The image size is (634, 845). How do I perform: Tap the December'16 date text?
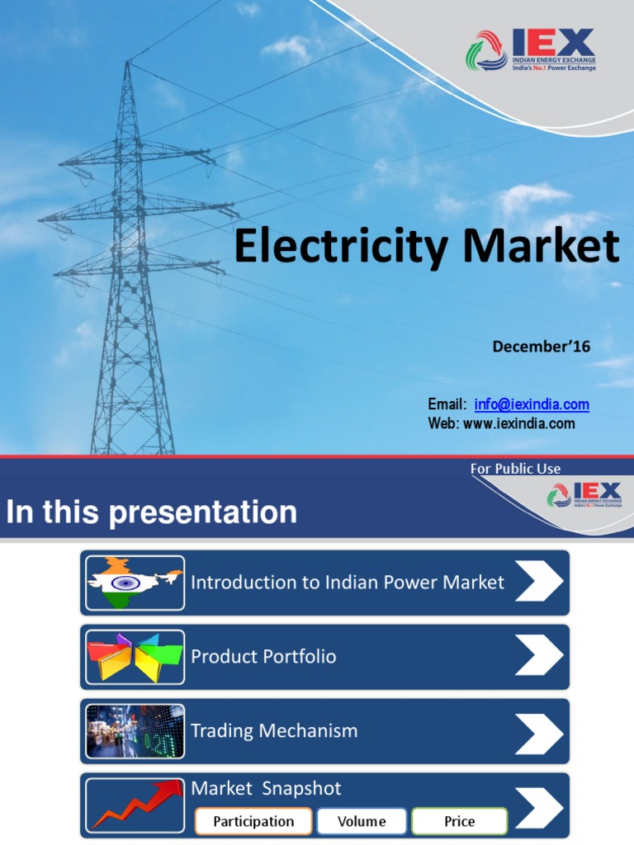click(542, 347)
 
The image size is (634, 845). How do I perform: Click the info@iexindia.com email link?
click(532, 404)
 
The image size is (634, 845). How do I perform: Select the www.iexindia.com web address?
click(518, 423)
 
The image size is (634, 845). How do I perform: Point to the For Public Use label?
click(515, 469)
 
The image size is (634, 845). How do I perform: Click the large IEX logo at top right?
click(530, 50)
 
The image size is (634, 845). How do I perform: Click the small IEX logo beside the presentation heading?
click(584, 495)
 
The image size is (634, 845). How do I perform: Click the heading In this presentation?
click(151, 512)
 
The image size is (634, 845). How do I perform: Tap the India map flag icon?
click(135, 583)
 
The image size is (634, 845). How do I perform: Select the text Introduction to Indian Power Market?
click(348, 583)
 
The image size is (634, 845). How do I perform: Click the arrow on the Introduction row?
click(539, 583)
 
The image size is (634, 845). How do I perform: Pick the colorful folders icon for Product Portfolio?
click(135, 657)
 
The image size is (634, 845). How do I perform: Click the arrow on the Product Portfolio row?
click(539, 657)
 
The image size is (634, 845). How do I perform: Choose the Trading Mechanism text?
click(274, 731)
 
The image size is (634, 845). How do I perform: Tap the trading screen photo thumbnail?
click(135, 731)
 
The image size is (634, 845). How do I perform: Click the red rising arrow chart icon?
click(135, 804)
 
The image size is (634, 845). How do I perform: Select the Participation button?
click(253, 821)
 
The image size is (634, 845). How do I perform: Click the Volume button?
click(362, 821)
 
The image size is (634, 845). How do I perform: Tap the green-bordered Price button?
click(460, 821)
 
